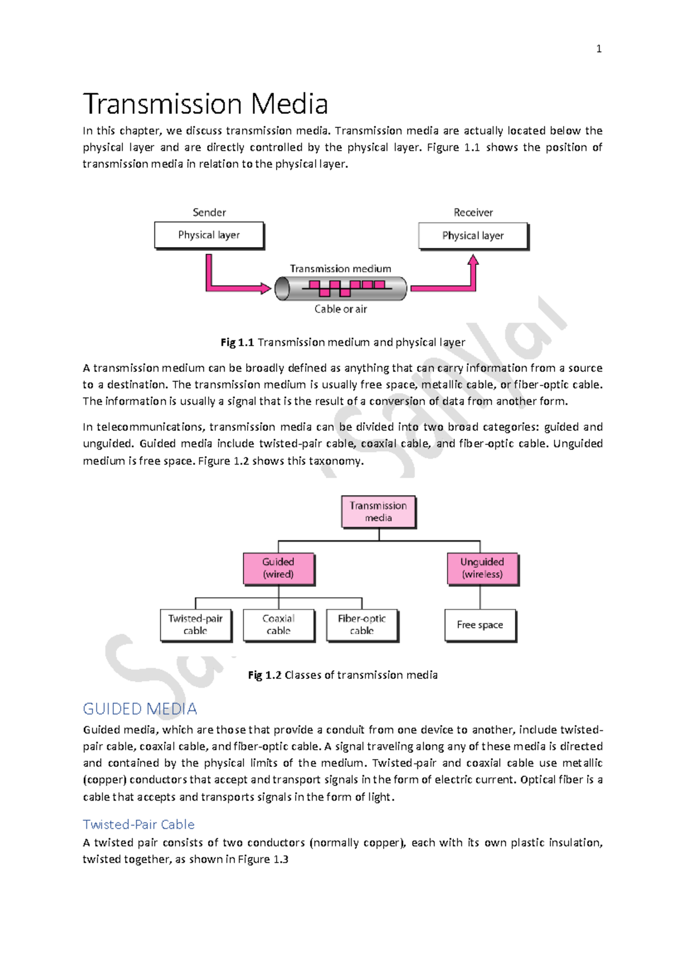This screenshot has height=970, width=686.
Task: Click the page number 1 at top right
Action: (599, 49)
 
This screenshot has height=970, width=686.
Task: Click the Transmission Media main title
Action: (205, 104)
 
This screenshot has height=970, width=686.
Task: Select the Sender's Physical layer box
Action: (209, 235)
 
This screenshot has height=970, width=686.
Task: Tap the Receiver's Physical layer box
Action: (473, 236)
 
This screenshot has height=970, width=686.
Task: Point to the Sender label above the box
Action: (209, 212)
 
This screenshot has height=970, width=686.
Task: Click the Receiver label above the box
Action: (473, 212)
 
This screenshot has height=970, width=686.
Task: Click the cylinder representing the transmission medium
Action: (341, 288)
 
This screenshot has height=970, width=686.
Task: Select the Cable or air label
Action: (340, 309)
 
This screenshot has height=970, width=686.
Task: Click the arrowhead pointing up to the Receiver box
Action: (473, 261)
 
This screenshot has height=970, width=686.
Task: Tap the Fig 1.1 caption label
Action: (237, 342)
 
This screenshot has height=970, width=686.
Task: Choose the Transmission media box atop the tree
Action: (378, 511)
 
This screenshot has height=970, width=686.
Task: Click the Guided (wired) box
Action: (278, 568)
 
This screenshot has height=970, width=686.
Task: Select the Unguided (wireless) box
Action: (482, 568)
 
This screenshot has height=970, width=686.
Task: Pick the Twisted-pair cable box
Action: (196, 625)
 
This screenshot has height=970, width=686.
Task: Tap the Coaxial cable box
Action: (278, 625)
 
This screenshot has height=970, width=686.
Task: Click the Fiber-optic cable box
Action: (362, 625)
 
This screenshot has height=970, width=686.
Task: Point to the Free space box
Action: (480, 625)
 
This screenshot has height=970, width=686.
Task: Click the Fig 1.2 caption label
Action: (265, 675)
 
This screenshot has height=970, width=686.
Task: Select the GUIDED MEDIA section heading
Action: (139, 709)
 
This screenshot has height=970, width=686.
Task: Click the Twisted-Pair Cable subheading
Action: (138, 824)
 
